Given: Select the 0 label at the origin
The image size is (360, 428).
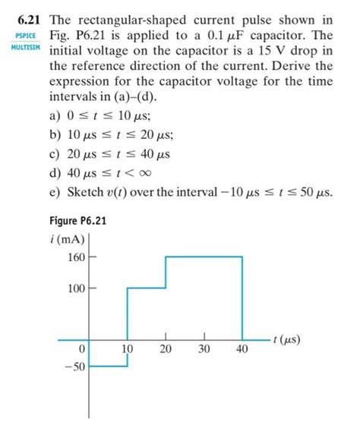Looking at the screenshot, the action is tap(82, 350).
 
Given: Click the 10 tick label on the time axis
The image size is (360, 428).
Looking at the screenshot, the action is tap(128, 350).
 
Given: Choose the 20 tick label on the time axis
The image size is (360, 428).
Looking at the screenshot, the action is tap(166, 350).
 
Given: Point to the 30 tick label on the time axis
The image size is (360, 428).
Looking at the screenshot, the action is tap(204, 350).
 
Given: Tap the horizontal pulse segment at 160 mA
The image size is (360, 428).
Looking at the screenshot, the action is tap(204, 257).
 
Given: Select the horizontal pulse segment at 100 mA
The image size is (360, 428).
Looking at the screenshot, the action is tap(146, 288).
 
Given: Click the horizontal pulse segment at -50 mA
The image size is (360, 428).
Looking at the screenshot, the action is tap(108, 367).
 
